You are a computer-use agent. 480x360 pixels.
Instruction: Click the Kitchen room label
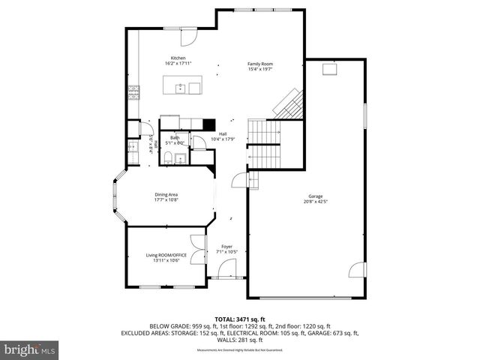[178, 58]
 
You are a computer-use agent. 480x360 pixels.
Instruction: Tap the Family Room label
[260, 64]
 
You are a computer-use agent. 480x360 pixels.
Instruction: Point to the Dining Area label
[166, 194]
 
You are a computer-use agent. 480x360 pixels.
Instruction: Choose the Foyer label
[226, 246]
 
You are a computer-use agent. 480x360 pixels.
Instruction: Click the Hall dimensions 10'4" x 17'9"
[223, 139]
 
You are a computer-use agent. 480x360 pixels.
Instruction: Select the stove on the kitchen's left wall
[134, 93]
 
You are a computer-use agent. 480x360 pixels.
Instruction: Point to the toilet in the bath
[171, 157]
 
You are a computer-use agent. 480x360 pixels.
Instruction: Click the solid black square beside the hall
[210, 126]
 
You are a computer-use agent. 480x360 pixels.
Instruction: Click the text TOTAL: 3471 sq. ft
[239, 319]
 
